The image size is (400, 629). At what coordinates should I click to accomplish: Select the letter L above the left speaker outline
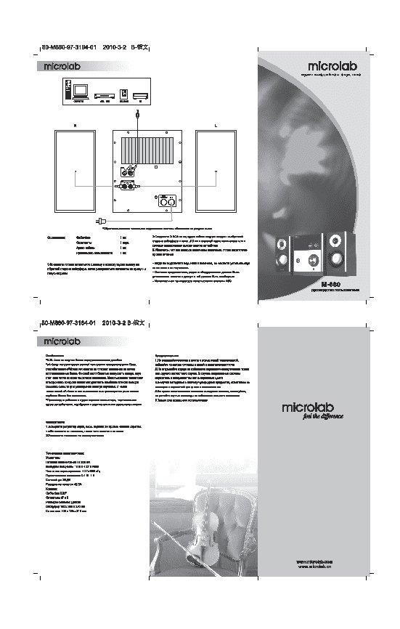tap(216, 126)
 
